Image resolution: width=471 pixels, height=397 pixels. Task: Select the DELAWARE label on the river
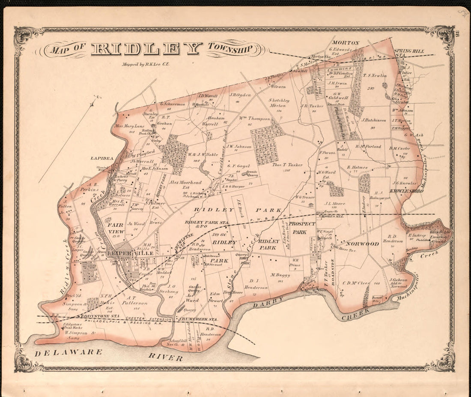[69, 352]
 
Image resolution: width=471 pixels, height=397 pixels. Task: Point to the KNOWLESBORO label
[406, 190]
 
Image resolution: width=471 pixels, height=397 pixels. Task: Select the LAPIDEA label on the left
[102, 158]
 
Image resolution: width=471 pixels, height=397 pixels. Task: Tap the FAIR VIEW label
[116, 228]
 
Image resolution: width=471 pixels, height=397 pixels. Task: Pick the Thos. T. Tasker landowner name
[287, 165]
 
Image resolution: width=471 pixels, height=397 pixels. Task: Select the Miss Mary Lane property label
[130, 126]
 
